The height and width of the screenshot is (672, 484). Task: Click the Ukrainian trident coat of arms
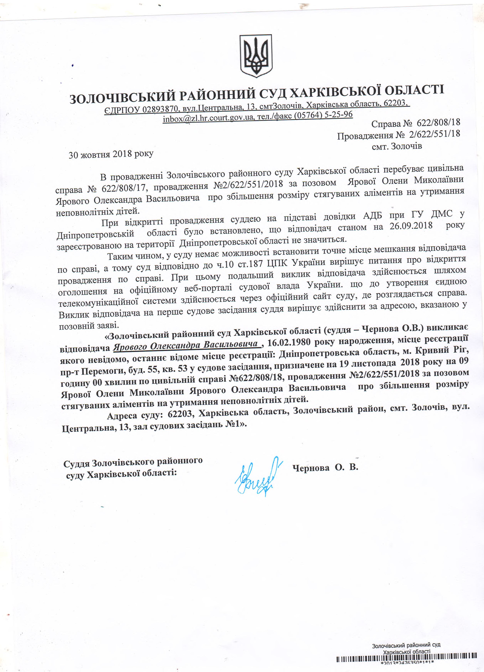(x=256, y=56)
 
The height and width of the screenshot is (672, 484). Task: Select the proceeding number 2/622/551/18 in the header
(x=434, y=134)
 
